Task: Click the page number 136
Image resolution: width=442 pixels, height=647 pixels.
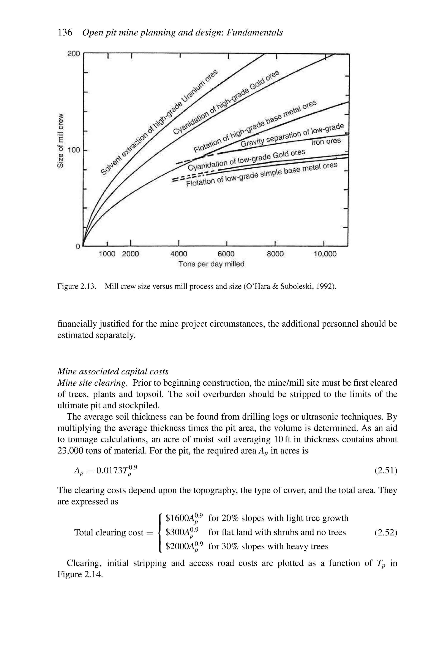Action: pos(65,33)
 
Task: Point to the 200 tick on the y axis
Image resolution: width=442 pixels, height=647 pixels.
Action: pos(74,53)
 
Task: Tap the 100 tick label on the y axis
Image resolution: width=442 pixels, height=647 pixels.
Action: pos(74,150)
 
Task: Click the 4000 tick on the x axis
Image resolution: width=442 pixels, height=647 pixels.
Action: pos(178,254)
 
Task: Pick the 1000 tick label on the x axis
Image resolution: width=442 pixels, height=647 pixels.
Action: pos(107,254)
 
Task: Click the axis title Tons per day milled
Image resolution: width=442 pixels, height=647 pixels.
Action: pos(211,264)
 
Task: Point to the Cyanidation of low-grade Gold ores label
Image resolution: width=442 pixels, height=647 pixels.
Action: pos(247,160)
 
